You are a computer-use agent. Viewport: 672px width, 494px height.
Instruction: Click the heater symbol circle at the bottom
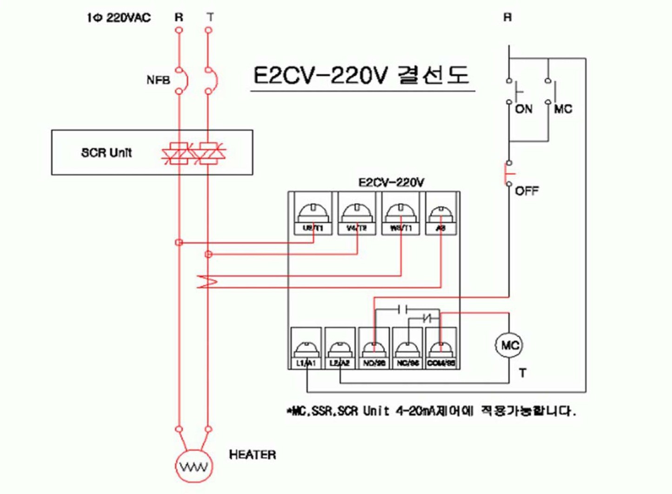click(194, 466)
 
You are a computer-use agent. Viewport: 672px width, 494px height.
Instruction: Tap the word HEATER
click(253, 454)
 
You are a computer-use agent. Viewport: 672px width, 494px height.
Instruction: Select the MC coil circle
click(509, 345)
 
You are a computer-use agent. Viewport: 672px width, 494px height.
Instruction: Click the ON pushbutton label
click(524, 109)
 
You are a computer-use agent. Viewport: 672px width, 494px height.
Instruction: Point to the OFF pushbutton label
click(527, 191)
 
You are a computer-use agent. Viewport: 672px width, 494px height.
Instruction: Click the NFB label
click(158, 80)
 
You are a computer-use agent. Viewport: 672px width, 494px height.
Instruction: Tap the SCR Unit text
click(106, 152)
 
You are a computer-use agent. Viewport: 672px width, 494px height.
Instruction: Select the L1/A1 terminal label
click(306, 363)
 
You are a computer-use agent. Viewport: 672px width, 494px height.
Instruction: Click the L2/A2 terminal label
click(339, 363)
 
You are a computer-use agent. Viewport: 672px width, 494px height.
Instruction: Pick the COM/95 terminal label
click(441, 363)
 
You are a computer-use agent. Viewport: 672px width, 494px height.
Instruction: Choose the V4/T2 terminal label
click(357, 228)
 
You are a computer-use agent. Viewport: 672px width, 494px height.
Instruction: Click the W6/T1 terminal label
click(400, 228)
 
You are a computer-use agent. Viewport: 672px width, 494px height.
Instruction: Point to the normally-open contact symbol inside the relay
click(403, 309)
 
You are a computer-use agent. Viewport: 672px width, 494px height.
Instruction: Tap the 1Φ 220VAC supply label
click(119, 18)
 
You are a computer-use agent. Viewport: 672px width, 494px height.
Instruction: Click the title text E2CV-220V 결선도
click(361, 75)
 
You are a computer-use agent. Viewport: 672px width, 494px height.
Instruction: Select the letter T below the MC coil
click(523, 373)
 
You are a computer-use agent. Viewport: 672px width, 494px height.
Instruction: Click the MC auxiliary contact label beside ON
click(563, 109)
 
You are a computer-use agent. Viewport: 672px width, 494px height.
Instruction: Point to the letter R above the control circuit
click(507, 18)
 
